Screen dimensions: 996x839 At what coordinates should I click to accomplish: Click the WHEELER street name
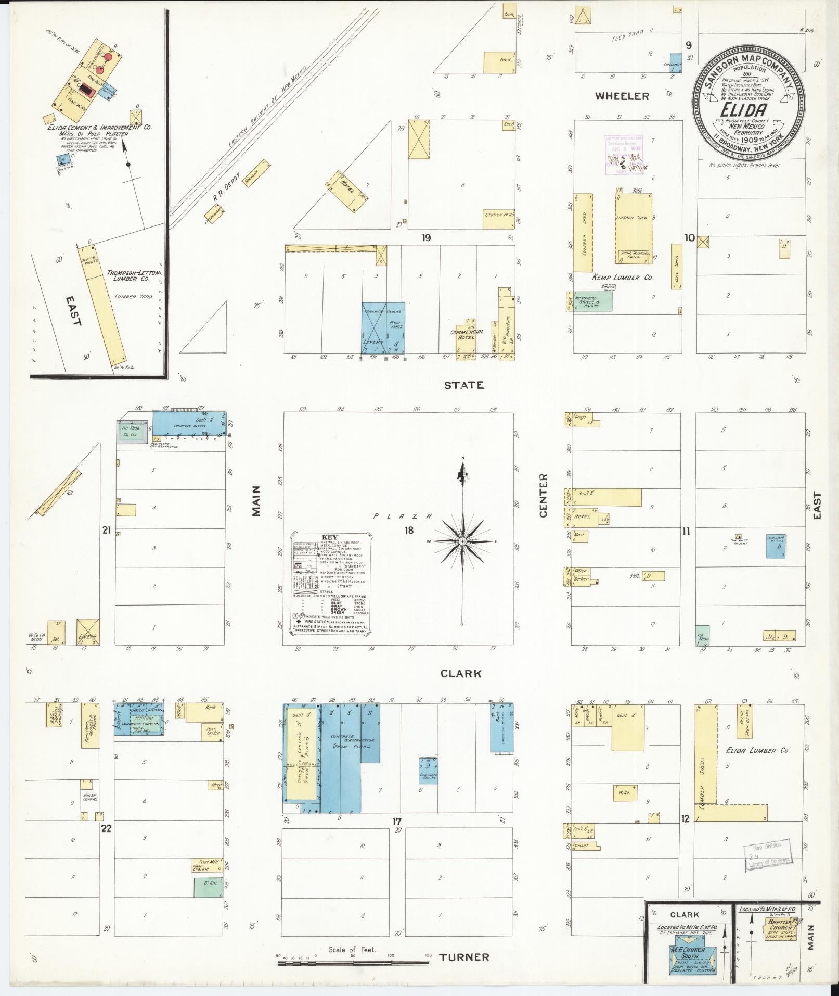[x=622, y=96]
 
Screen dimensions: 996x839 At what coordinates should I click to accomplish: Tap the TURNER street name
[x=464, y=957]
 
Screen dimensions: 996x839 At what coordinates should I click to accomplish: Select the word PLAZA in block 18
[x=402, y=516]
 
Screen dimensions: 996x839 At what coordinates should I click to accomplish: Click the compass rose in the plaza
[x=462, y=541]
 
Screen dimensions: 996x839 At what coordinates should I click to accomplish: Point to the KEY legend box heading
[x=331, y=537]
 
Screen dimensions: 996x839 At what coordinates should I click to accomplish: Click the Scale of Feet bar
[x=353, y=963]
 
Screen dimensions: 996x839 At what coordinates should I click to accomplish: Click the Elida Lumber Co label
[x=757, y=750]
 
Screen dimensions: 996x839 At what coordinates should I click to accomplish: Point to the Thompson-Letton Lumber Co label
[x=128, y=276]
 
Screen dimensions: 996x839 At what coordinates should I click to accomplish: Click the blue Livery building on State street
[x=383, y=329]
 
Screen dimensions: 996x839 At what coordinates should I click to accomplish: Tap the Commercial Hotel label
[x=467, y=334]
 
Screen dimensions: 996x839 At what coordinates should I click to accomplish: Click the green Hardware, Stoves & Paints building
[x=589, y=301]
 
